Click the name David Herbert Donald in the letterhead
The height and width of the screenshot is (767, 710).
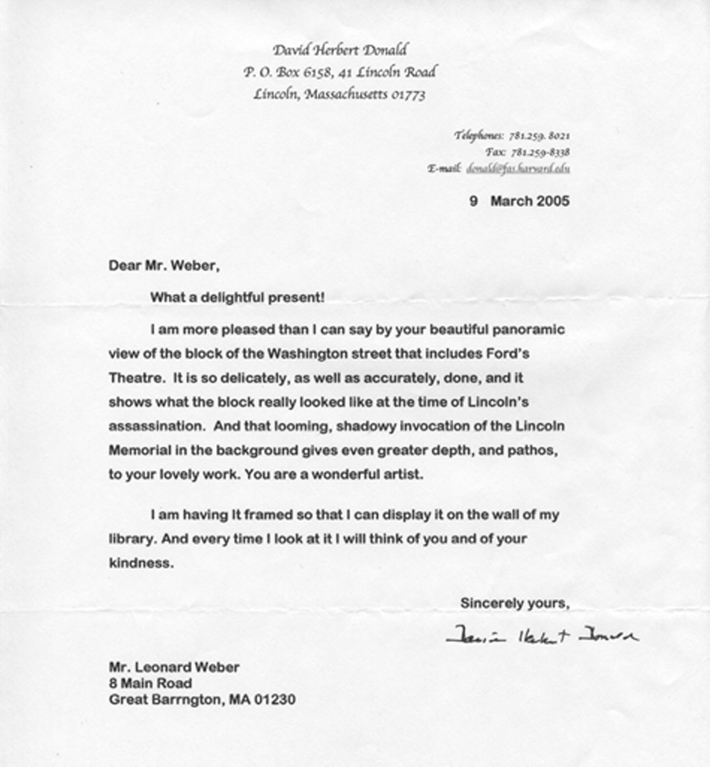click(340, 51)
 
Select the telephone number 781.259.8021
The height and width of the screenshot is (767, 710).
click(540, 136)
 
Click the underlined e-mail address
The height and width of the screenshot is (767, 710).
click(518, 169)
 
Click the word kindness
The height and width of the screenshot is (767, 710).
click(141, 563)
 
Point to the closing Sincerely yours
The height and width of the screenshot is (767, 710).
click(515, 603)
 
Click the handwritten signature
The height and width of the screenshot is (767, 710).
click(542, 636)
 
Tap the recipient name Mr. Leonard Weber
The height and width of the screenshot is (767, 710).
click(174, 668)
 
